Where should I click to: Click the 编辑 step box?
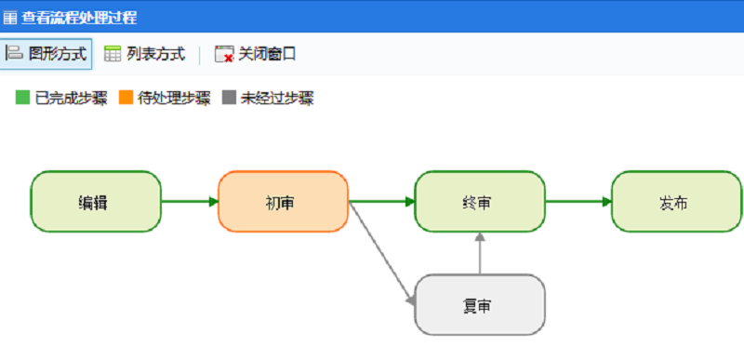click(96, 202)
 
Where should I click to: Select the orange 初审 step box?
click(283, 202)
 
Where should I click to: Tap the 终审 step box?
click(480, 202)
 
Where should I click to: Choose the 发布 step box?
click(677, 202)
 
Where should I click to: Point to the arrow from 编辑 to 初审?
click(190, 202)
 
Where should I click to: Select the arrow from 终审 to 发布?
click(578, 202)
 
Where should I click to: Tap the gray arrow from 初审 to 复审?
click(381, 254)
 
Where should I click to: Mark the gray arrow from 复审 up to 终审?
click(480, 253)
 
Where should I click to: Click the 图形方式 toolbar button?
click(47, 54)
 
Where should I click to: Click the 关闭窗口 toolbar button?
click(256, 54)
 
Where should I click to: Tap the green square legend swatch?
click(23, 98)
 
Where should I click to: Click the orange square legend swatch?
click(126, 98)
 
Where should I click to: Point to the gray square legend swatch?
click(230, 98)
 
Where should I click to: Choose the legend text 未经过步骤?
click(277, 98)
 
